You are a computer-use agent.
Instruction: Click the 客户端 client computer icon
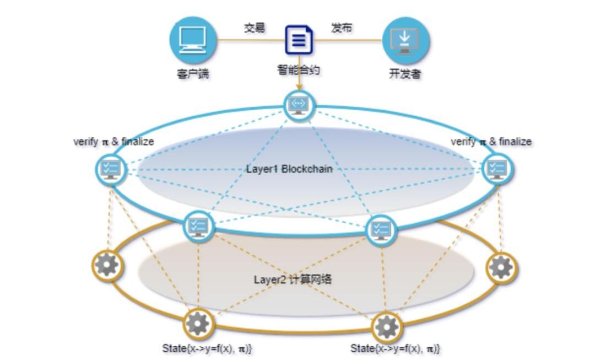point(193,40)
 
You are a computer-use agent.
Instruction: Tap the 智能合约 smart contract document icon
point(299,40)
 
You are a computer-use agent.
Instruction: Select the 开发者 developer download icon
point(405,40)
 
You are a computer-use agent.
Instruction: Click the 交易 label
point(254,28)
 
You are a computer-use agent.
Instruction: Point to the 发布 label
point(342,28)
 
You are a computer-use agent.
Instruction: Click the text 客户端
point(193,73)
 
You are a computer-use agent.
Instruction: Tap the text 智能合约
point(299,70)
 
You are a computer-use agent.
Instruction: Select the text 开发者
point(405,73)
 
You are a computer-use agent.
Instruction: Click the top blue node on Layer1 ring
point(299,106)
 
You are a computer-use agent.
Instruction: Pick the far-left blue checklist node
point(111,169)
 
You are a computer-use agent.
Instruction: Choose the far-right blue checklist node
point(497,169)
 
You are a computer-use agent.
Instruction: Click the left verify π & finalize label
point(114,142)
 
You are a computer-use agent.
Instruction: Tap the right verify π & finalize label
point(491,142)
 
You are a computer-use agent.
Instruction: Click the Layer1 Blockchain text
point(289,169)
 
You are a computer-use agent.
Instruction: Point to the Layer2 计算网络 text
point(293,280)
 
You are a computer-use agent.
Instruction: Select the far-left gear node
point(107,265)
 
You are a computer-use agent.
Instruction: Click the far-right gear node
point(502,268)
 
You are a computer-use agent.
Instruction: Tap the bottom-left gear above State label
point(198,324)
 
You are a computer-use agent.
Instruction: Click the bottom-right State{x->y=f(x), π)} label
point(395,348)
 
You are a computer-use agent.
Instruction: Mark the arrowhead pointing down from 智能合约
point(299,87)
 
